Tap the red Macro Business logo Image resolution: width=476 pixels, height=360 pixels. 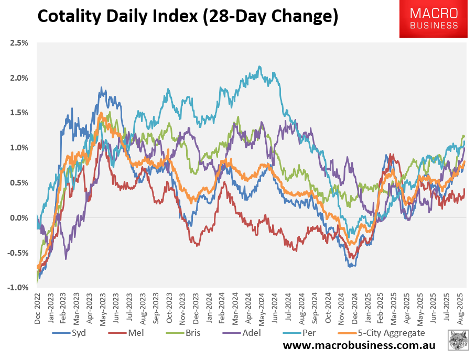pyautogui.click(x=434, y=19)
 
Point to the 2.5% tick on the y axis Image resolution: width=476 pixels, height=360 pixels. pyautogui.click(x=19, y=43)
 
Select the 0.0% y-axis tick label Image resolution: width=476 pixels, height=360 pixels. pyautogui.click(x=19, y=218)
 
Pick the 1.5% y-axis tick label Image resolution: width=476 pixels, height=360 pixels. pyautogui.click(x=19, y=113)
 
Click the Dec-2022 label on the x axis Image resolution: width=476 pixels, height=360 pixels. pyautogui.click(x=37, y=308)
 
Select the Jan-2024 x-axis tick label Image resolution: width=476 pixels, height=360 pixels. pyautogui.click(x=208, y=308)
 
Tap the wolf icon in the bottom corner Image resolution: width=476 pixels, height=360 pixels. pyautogui.click(x=458, y=340)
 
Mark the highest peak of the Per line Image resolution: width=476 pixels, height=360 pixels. pyautogui.click(x=259, y=67)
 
